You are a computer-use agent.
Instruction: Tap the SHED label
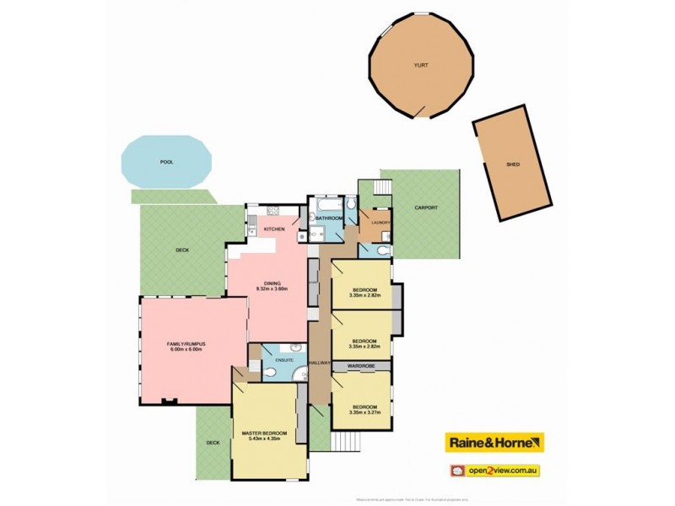(513, 165)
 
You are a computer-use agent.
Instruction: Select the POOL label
(167, 161)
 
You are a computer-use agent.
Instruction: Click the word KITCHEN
(274, 229)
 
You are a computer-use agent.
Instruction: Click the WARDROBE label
(361, 366)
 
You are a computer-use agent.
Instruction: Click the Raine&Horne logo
(494, 442)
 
